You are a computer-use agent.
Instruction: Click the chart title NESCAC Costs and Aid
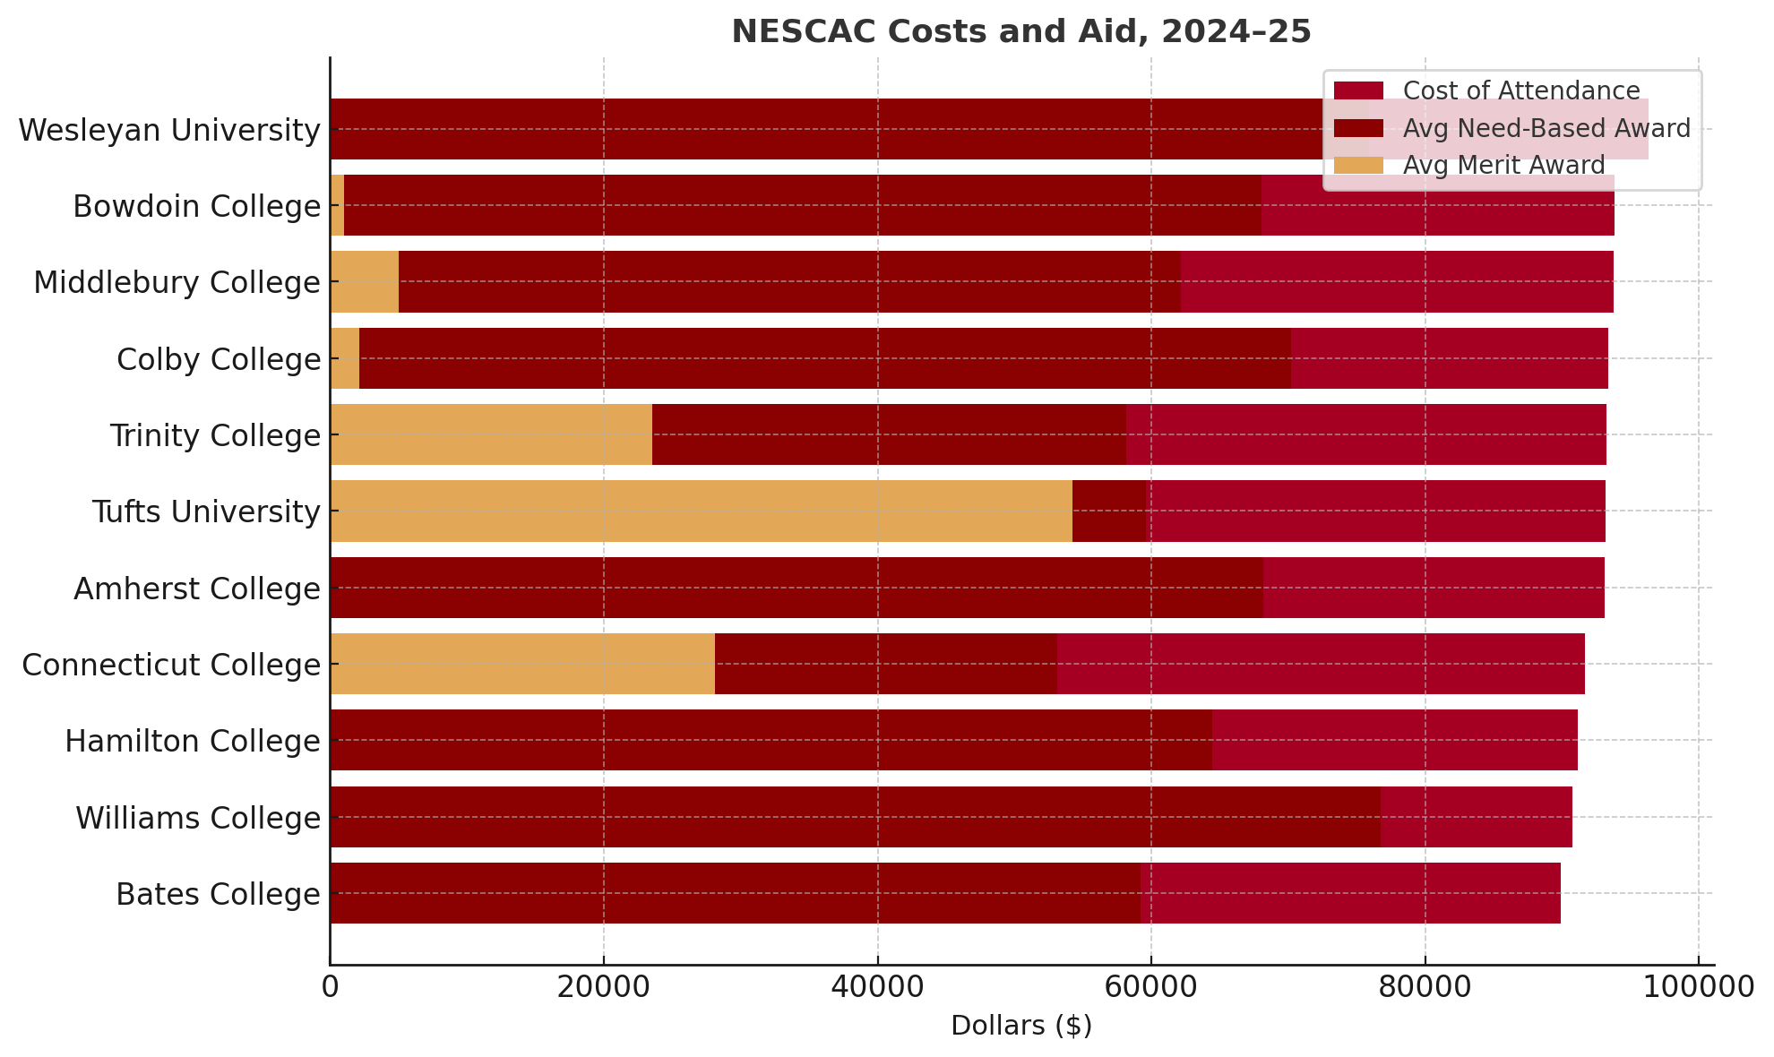click(1021, 32)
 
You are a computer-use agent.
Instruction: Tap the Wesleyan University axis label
click(169, 131)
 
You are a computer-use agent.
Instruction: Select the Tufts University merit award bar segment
click(701, 511)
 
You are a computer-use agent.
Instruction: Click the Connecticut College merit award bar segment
click(522, 665)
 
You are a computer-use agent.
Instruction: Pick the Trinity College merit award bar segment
click(491, 435)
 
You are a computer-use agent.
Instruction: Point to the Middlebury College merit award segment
click(365, 282)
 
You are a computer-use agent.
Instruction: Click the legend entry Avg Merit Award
click(1503, 166)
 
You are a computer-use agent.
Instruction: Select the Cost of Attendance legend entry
click(1520, 91)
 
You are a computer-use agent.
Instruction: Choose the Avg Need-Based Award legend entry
click(1546, 129)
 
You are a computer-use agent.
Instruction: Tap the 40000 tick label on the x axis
click(877, 988)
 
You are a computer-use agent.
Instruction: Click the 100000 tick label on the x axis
click(1698, 988)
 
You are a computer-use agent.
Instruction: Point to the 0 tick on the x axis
click(331, 988)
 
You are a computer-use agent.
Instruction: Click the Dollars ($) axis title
click(1021, 1027)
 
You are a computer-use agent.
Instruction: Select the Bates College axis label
click(218, 895)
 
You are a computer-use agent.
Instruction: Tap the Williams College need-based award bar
click(855, 817)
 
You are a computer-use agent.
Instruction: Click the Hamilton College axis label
click(193, 742)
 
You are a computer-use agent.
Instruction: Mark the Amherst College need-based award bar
click(797, 589)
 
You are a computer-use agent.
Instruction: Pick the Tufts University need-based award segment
click(1109, 511)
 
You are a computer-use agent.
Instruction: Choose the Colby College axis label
click(219, 360)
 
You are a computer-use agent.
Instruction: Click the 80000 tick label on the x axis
click(1425, 988)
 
